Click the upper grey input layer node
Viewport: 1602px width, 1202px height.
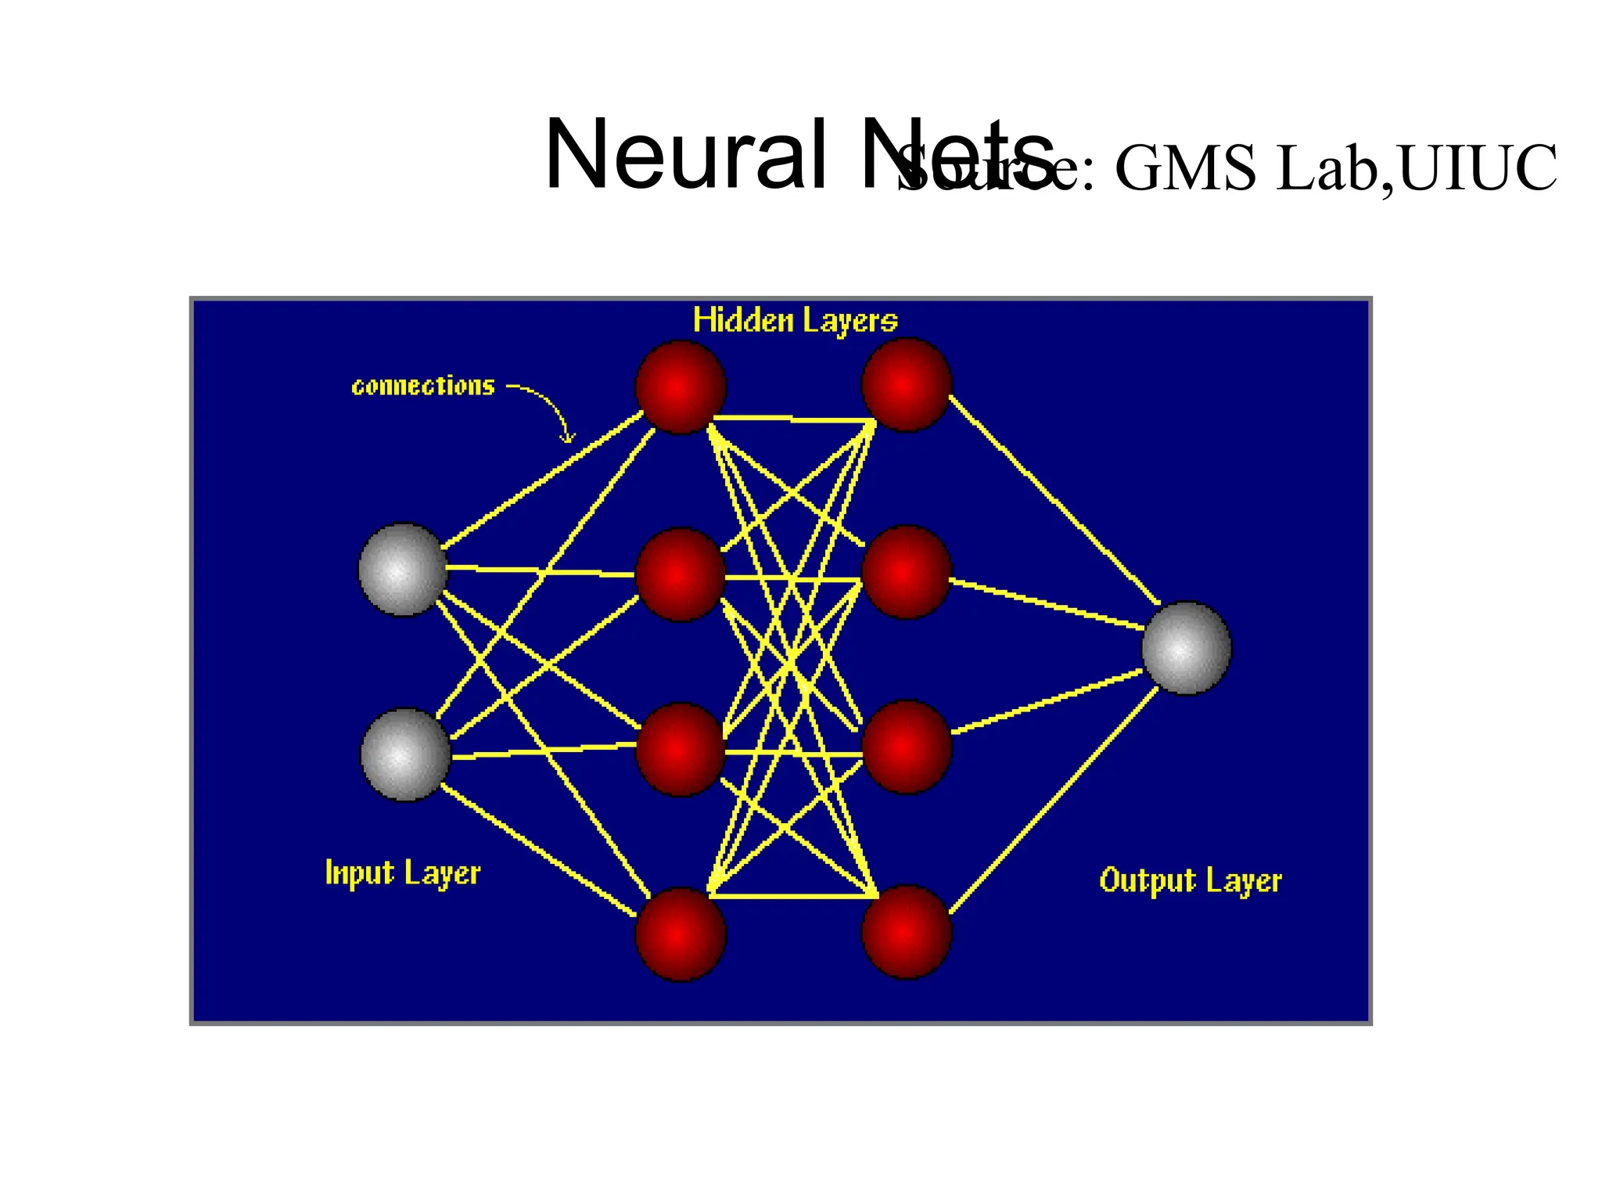coord(403,570)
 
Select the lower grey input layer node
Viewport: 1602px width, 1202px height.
coord(405,754)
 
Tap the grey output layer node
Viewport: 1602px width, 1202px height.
coord(1187,648)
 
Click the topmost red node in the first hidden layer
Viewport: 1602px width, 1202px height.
coord(681,387)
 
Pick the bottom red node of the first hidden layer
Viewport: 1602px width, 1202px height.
coord(681,934)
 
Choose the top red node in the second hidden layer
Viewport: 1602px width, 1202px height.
coord(907,385)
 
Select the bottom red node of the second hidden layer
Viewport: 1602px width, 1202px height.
coord(907,931)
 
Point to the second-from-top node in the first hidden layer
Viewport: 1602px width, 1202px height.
coord(681,575)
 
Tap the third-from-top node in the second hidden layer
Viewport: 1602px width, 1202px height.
coord(907,747)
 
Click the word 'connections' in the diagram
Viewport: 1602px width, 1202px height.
coord(423,387)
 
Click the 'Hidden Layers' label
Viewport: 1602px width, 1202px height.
coord(796,321)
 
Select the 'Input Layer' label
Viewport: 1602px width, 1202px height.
coord(403,873)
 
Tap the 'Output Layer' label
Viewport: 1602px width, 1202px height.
coord(1191,881)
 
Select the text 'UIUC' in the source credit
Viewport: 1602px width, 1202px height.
coord(1478,168)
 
